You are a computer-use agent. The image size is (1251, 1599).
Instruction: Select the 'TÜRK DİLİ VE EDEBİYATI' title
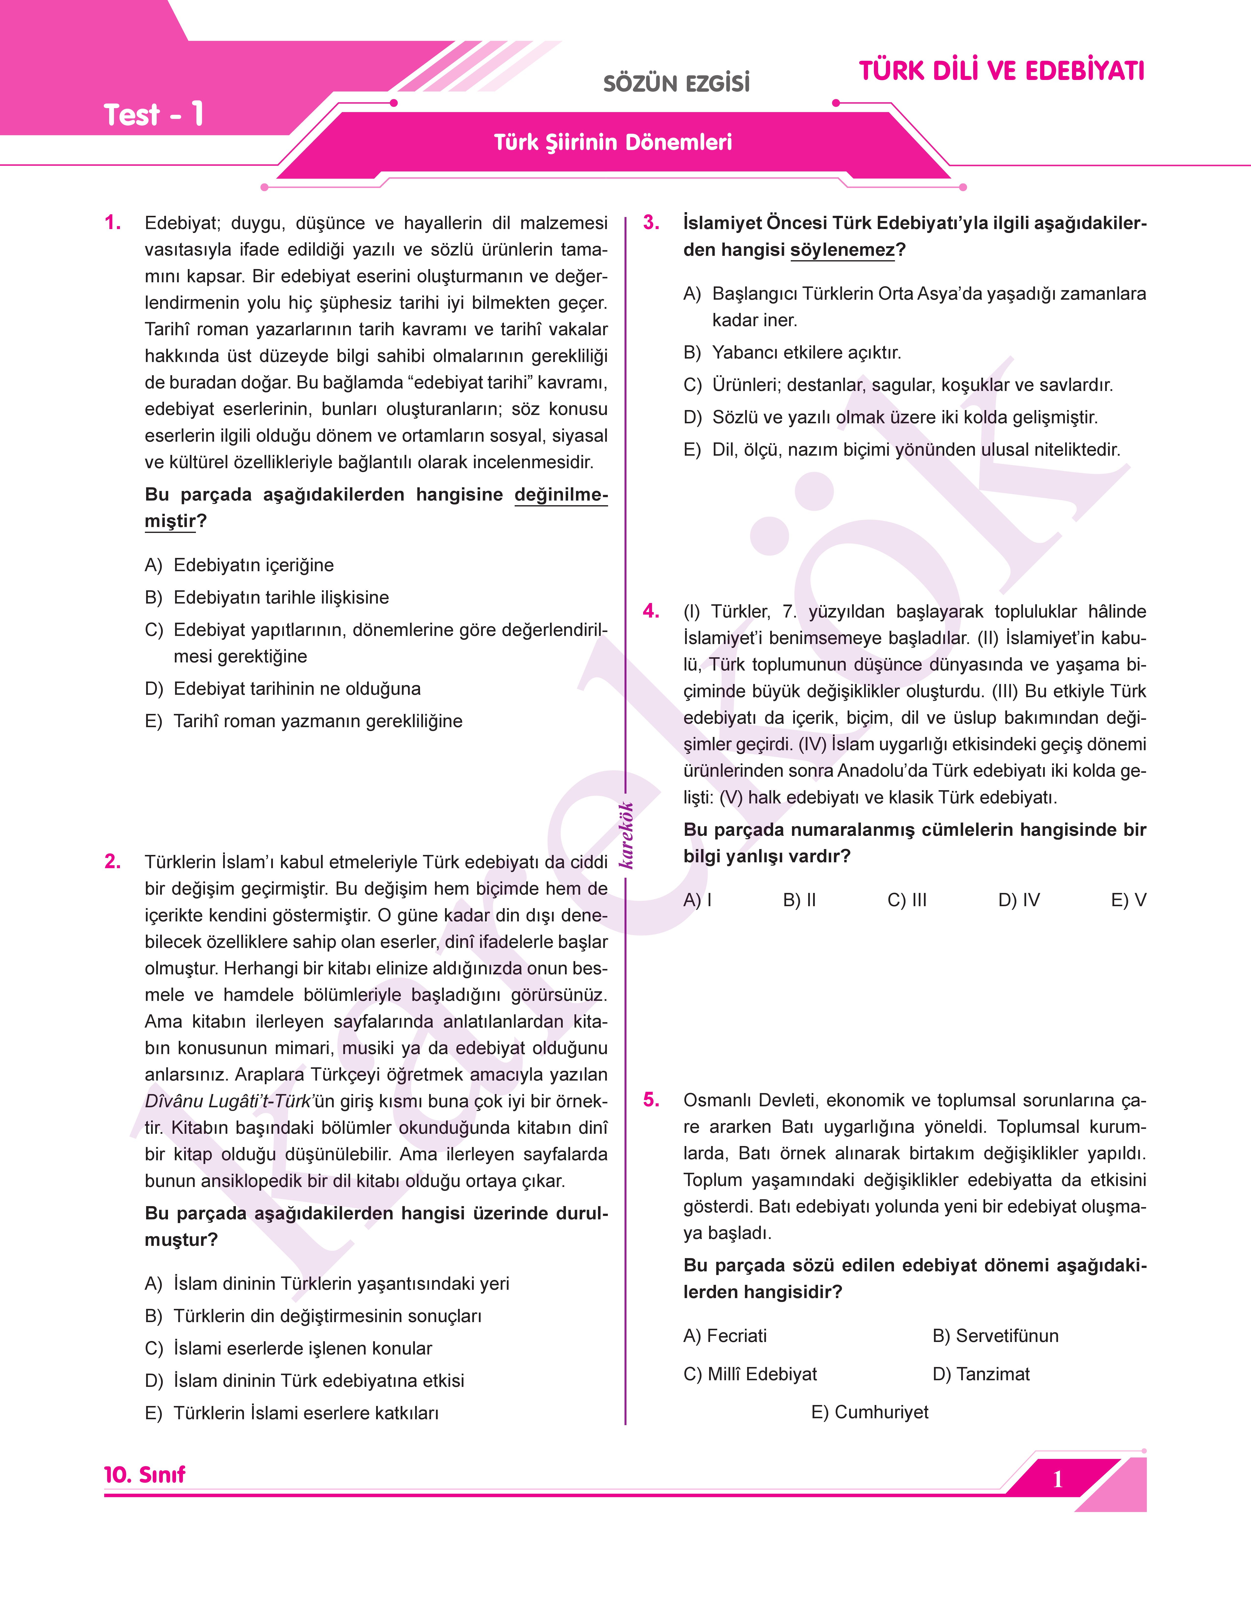click(x=1001, y=71)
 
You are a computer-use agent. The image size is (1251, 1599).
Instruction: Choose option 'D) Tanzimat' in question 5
click(x=981, y=1374)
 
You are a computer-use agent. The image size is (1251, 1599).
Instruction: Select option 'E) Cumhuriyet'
click(x=869, y=1412)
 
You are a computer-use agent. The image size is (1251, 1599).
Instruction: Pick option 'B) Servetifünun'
click(x=995, y=1336)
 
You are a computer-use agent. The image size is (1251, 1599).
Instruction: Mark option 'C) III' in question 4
click(x=907, y=900)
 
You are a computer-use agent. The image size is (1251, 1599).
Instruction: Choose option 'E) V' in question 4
click(x=1128, y=900)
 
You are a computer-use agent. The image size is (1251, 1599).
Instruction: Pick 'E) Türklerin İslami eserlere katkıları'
click(x=292, y=1413)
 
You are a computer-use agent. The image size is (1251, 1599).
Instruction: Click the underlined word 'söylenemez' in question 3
click(x=842, y=250)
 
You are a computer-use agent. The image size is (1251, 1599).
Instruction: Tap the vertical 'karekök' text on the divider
click(x=626, y=835)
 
